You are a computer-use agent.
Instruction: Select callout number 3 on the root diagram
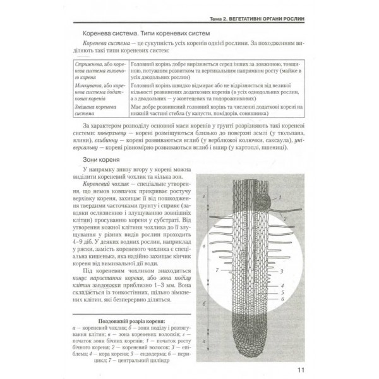pos(282,271)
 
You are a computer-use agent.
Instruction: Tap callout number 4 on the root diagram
pos(282,286)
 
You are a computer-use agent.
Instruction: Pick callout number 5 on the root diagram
pos(282,292)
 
